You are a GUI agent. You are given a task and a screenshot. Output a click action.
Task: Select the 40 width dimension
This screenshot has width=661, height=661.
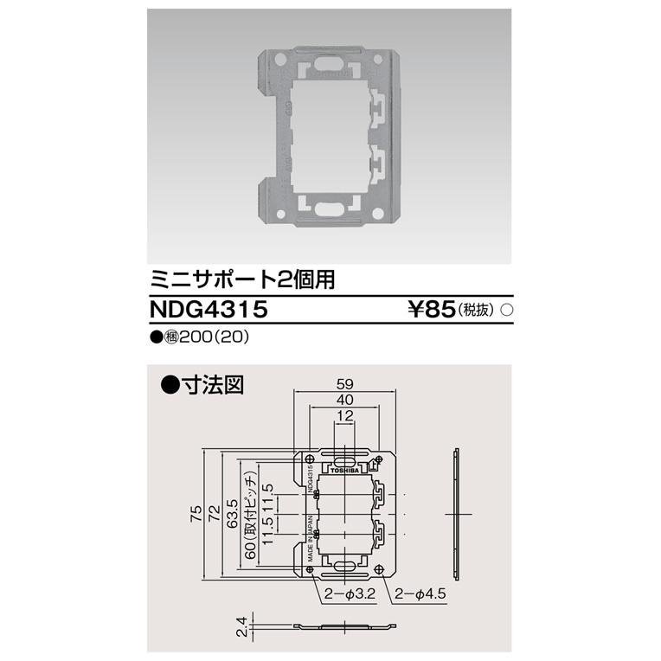coord(343,401)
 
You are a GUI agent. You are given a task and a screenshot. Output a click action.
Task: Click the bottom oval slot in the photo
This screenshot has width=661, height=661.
coord(330,207)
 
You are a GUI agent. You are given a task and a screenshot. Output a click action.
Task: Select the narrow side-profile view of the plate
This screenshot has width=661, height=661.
coord(455,514)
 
